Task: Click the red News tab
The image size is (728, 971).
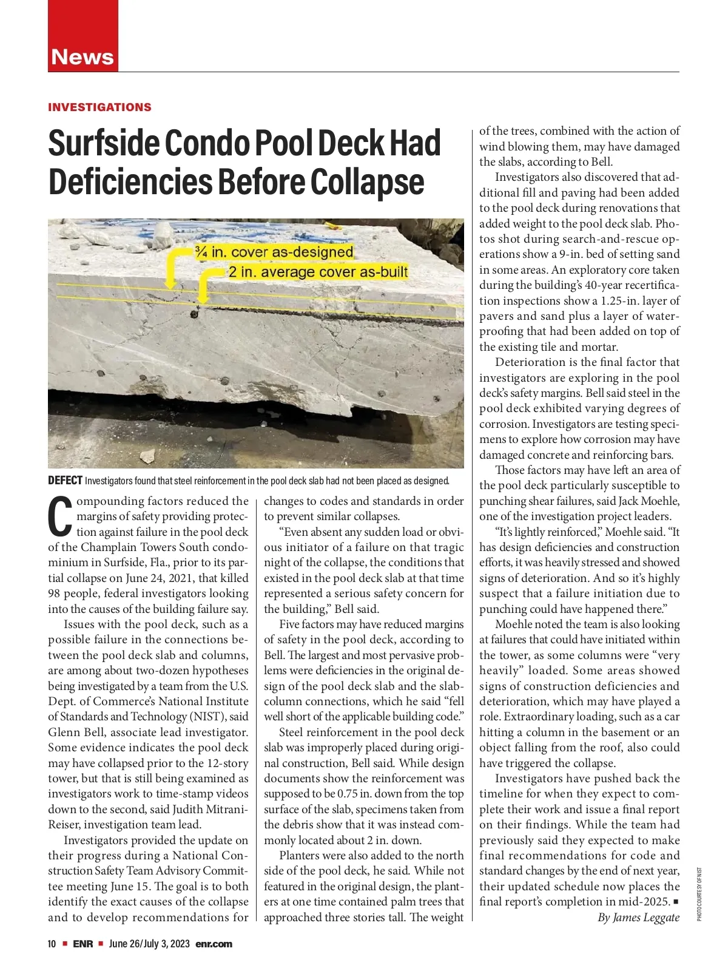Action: pyautogui.click(x=83, y=56)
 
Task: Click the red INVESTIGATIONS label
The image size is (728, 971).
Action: pyautogui.click(x=99, y=107)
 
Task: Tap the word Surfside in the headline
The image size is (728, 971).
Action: pyautogui.click(x=103, y=144)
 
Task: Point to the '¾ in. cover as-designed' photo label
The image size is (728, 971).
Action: pyautogui.click(x=274, y=252)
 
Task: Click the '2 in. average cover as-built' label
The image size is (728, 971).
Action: pyautogui.click(x=318, y=271)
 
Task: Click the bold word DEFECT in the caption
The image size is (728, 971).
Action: pyautogui.click(x=65, y=481)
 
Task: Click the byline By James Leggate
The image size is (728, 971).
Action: pyautogui.click(x=638, y=917)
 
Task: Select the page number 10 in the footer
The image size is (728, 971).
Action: pyautogui.click(x=52, y=944)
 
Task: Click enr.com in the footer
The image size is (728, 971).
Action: pyautogui.click(x=214, y=944)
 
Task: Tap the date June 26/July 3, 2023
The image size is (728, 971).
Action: pyautogui.click(x=149, y=944)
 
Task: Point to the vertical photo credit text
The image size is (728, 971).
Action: pyautogui.click(x=699, y=894)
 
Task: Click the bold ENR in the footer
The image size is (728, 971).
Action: pyautogui.click(x=83, y=944)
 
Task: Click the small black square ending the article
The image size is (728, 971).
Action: pyautogui.click(x=676, y=902)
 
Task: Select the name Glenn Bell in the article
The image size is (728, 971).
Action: pyautogui.click(x=77, y=732)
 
